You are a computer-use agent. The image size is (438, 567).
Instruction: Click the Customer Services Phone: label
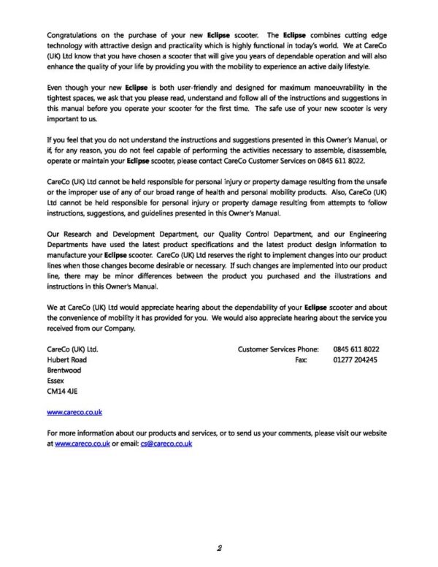click(x=281, y=349)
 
